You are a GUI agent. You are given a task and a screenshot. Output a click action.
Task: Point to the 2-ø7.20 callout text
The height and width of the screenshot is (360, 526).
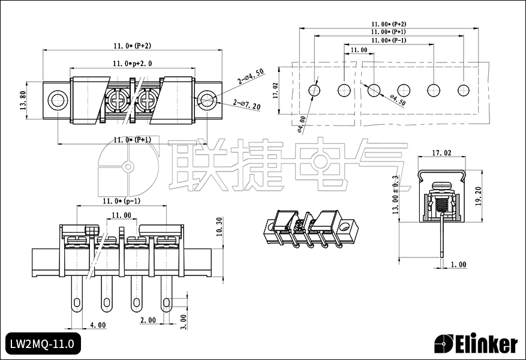247,106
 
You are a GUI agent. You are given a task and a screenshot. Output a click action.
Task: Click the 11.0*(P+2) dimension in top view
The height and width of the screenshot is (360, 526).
132,46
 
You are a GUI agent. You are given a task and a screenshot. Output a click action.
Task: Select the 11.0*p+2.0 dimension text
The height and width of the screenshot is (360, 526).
132,63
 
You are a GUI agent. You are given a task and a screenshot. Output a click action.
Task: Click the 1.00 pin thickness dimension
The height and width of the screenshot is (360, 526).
458,265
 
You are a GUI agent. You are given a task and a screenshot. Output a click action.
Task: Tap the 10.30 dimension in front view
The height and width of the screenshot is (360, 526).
219,228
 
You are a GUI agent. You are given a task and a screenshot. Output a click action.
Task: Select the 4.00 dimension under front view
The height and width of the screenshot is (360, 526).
98,325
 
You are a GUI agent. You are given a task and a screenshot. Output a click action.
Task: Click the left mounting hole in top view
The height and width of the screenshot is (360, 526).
58,100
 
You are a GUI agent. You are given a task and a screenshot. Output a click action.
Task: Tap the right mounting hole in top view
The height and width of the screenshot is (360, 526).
206,100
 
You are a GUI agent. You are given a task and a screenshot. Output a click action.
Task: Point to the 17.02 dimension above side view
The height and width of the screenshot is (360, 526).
441,154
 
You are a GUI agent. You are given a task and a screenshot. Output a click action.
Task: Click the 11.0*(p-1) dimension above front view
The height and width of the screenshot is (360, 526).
121,201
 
